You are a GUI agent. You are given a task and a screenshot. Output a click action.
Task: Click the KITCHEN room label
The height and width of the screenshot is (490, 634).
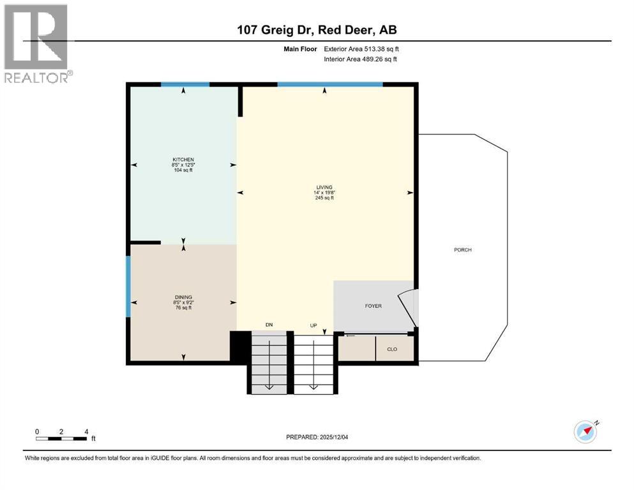click(x=183, y=160)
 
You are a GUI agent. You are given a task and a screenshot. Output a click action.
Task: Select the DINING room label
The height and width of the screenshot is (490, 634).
click(x=183, y=297)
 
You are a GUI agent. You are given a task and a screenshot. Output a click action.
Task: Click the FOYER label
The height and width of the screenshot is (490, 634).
click(x=373, y=306)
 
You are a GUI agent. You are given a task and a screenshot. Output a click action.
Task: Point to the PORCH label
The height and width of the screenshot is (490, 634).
click(x=462, y=249)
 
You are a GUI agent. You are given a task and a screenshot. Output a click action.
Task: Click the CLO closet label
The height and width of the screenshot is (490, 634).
click(x=392, y=349)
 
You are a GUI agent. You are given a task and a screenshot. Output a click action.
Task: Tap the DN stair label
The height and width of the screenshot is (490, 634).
click(x=269, y=325)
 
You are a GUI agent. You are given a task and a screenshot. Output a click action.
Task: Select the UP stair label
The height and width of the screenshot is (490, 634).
click(x=313, y=325)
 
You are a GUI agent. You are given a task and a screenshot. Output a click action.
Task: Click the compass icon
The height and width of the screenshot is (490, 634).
click(x=585, y=431)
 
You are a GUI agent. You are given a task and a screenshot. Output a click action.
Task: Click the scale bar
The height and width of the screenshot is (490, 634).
click(x=61, y=438)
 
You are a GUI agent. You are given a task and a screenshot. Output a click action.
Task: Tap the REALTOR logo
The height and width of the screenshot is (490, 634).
click(x=37, y=43)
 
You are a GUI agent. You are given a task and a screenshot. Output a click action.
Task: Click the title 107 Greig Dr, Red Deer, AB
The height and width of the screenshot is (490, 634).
click(x=317, y=30)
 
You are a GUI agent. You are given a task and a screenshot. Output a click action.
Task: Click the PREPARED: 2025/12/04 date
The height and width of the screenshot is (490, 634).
click(x=317, y=437)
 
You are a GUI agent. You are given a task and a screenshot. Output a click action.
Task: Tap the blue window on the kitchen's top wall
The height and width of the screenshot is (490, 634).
click(x=185, y=84)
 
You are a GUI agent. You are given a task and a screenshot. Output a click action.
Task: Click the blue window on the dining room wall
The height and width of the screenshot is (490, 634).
click(x=128, y=286)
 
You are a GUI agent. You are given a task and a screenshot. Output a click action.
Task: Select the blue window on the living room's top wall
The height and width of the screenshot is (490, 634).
click(x=329, y=84)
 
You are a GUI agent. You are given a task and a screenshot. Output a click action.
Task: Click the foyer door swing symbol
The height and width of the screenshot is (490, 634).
click(x=407, y=309)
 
